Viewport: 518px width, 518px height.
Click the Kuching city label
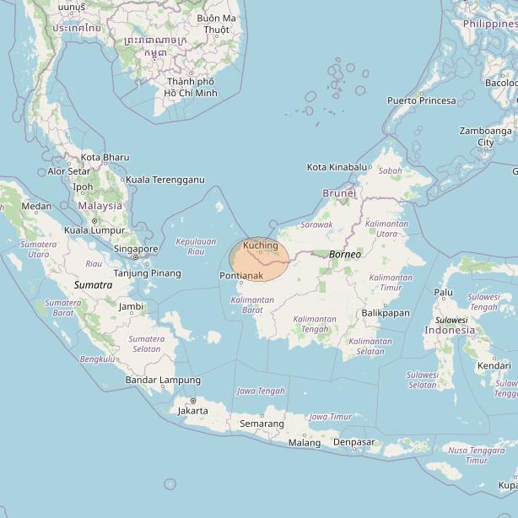260,245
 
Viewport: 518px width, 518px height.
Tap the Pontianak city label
240,276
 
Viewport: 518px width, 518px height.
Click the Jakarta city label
192,411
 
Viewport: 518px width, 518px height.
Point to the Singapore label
136,249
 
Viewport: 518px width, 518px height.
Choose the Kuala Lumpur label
94,230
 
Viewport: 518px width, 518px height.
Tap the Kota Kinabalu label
337,167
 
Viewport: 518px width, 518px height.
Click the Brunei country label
339,193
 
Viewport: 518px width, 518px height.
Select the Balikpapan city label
385,313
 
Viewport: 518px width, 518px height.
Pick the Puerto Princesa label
421,100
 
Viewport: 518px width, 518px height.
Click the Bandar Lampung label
163,380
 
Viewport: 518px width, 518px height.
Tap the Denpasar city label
353,442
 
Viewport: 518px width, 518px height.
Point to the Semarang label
262,424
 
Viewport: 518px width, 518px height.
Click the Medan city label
36,206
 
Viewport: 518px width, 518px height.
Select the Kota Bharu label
105,157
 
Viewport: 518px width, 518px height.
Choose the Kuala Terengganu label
165,180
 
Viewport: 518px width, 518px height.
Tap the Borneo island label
345,254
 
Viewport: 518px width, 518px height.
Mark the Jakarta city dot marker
192,402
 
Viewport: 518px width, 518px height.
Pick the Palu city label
443,292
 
